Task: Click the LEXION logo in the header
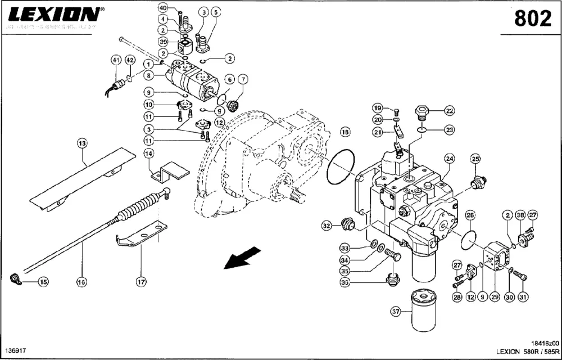point(53,13)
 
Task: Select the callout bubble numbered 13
point(83,144)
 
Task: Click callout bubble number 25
point(476,160)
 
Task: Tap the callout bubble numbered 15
point(43,282)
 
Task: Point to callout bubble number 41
point(116,60)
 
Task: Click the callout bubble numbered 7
point(243,79)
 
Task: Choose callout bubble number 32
point(327,226)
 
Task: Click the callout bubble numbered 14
point(149,154)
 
